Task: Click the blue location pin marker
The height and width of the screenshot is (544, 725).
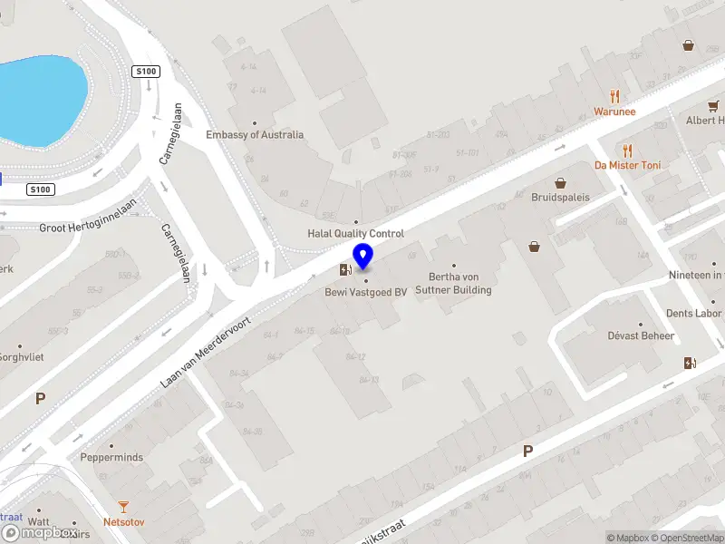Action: pos(363,257)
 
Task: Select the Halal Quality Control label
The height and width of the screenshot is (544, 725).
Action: pos(355,233)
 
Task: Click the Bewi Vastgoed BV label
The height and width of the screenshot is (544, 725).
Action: pos(366,292)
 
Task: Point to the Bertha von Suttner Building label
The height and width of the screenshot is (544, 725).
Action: pos(453,284)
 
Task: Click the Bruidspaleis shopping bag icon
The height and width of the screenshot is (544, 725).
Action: pos(560,182)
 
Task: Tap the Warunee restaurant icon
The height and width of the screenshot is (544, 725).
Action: pos(614,97)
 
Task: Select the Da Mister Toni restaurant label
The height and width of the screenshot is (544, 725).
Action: pos(627,165)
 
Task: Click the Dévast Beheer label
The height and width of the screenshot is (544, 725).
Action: pos(641,335)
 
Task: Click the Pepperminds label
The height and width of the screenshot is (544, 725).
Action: pos(111,457)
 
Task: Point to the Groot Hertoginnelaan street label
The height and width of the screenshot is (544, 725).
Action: pos(87,228)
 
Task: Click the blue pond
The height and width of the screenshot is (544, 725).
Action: pos(41,95)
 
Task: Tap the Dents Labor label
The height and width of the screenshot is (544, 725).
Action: pos(693,314)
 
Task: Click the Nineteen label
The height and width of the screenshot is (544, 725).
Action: pos(695,275)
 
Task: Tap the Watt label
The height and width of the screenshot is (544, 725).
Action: pos(38,521)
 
